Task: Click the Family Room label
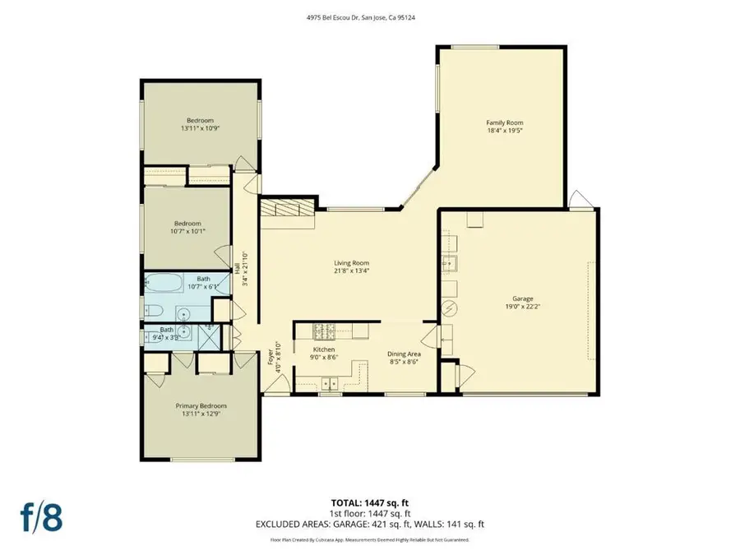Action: [502, 122]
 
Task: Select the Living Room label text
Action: [351, 263]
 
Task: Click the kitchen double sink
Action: [331, 382]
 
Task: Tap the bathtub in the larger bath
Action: [164, 284]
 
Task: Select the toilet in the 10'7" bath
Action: [152, 312]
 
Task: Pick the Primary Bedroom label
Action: [201, 405]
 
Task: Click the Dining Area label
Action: [403, 354]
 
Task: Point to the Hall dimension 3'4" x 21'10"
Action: [244, 268]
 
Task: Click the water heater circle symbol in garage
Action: [449, 308]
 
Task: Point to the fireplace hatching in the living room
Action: [286, 210]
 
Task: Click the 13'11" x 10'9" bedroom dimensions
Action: [201, 128]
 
